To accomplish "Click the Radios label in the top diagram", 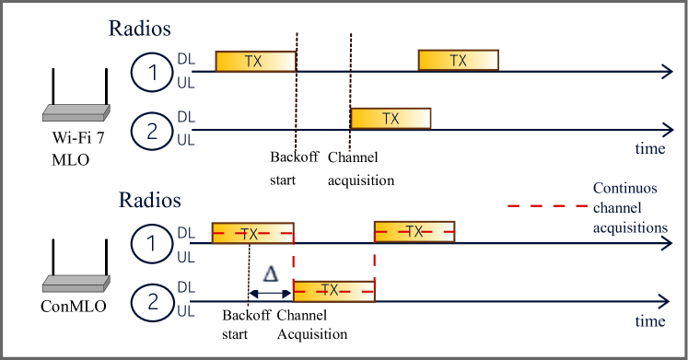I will coord(140,29).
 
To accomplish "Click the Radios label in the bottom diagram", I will coord(149,200).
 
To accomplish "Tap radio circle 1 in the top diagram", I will coord(152,72).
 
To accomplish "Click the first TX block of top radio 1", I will coord(255,61).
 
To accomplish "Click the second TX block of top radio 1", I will coord(458,61).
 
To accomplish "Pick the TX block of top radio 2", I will coord(391,119).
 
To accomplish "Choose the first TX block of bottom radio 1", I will coord(252,232).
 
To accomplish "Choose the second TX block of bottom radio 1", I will coord(414,232).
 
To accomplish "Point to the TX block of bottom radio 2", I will coord(332,290).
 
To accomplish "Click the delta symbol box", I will coord(270,275).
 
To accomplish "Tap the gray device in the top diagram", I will coord(76,113).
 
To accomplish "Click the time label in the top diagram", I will coord(649,147).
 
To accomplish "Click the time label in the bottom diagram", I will coord(649,321).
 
